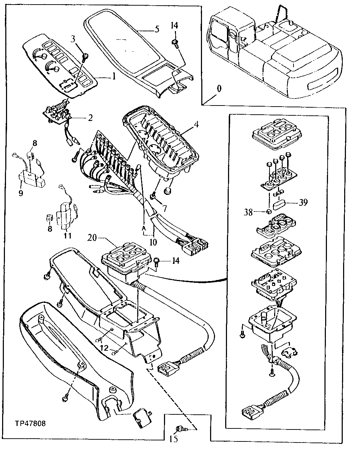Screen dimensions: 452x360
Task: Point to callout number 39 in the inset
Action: [x=303, y=202]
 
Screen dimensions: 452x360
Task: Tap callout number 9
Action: [x=21, y=193]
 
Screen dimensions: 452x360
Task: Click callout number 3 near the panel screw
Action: [x=73, y=39]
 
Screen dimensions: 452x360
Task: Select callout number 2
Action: [x=90, y=117]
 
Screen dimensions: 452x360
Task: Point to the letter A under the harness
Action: [x=144, y=228]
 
